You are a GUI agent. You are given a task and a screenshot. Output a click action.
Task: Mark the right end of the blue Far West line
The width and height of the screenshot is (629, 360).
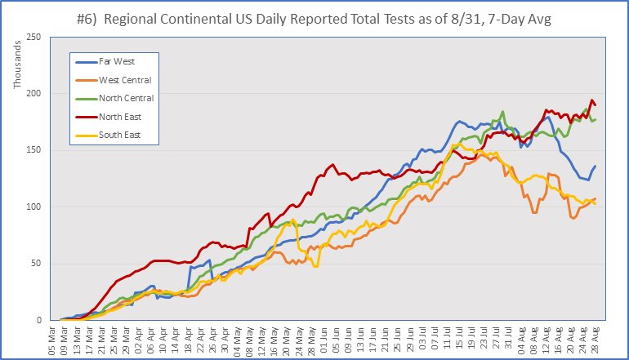[596, 166]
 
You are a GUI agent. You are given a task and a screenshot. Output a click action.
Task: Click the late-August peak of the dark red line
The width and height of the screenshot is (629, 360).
[591, 100]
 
